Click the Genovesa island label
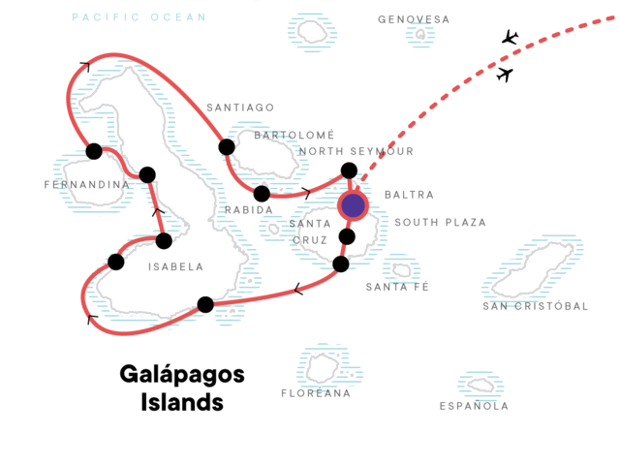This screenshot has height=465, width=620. tap(414, 18)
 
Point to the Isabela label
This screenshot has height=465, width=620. tap(175, 266)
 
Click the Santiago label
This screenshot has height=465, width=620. tap(240, 107)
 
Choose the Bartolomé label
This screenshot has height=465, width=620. tap(294, 135)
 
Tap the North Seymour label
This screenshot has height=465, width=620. tap(356, 151)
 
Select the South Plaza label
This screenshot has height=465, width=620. tap(440, 222)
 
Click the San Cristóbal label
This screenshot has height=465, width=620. tap(536, 306)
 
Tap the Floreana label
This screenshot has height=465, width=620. tap(316, 393)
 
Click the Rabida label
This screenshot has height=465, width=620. tap(241, 209)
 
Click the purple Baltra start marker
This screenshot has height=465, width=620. tap(354, 205)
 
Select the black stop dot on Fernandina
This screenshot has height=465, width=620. tap(94, 151)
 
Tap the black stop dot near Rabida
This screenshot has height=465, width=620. tap(262, 193)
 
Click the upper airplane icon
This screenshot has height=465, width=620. tap(510, 38)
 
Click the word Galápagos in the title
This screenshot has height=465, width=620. tap(182, 374)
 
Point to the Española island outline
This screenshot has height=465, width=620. tap(480, 386)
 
